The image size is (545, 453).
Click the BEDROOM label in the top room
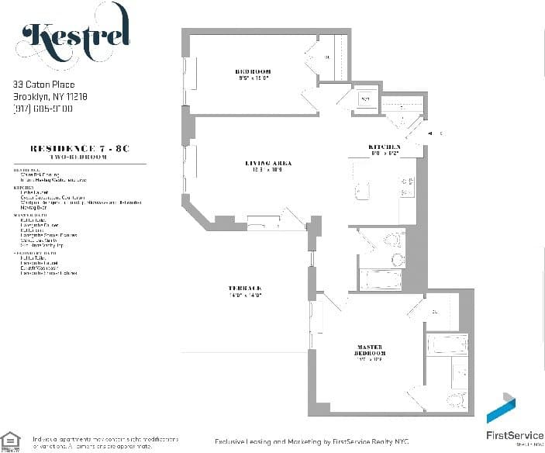point(253,72)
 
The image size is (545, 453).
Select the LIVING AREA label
point(267,163)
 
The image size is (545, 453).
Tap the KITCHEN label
point(385,147)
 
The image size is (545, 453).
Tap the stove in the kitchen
point(408,184)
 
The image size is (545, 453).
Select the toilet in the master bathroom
point(454,400)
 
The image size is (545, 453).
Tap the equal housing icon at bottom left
point(11,441)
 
